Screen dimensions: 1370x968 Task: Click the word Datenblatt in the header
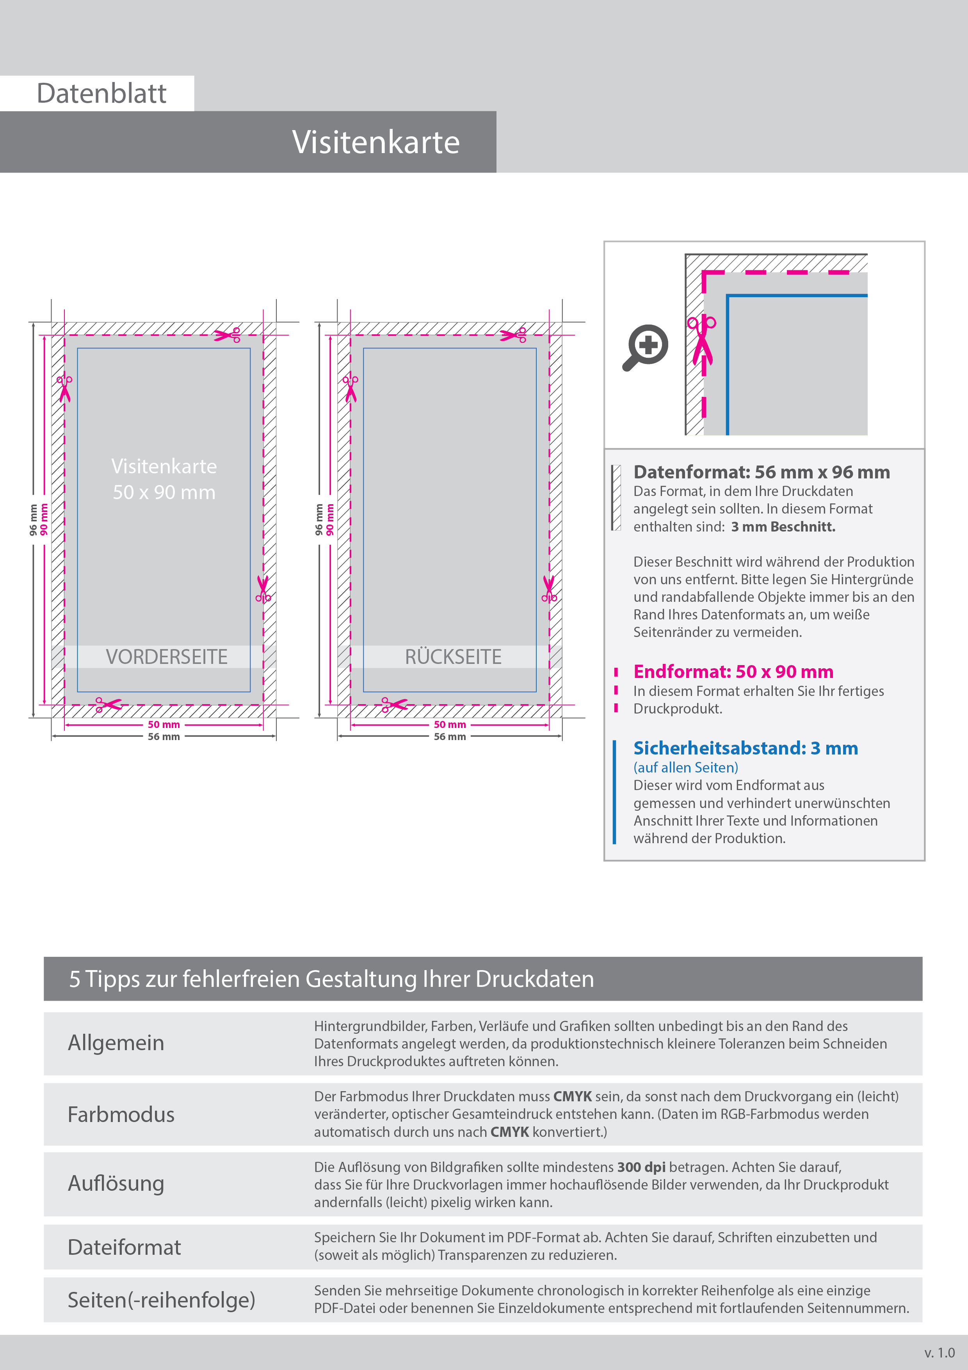101,94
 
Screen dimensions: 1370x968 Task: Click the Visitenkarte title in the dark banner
376,143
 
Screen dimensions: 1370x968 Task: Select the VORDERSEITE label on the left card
166,657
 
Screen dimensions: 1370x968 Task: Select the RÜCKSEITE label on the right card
453,657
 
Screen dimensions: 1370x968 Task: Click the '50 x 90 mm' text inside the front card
164,492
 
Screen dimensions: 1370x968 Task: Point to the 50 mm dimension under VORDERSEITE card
164,724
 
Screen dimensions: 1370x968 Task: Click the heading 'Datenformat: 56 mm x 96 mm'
761,472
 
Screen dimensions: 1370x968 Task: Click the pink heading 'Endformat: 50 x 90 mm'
733,671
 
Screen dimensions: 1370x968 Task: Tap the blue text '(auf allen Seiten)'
685,767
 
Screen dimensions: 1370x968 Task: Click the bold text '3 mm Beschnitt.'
783,527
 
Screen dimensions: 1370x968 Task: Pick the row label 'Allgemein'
116,1043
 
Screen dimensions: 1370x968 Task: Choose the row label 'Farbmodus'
121,1115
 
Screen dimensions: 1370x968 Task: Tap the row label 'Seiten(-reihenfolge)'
161,1300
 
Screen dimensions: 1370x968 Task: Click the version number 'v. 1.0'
940,1353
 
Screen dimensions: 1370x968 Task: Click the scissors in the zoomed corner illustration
701,340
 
